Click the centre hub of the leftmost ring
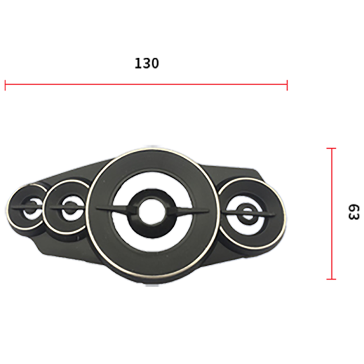point(31,207)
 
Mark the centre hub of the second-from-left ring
point(69,207)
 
